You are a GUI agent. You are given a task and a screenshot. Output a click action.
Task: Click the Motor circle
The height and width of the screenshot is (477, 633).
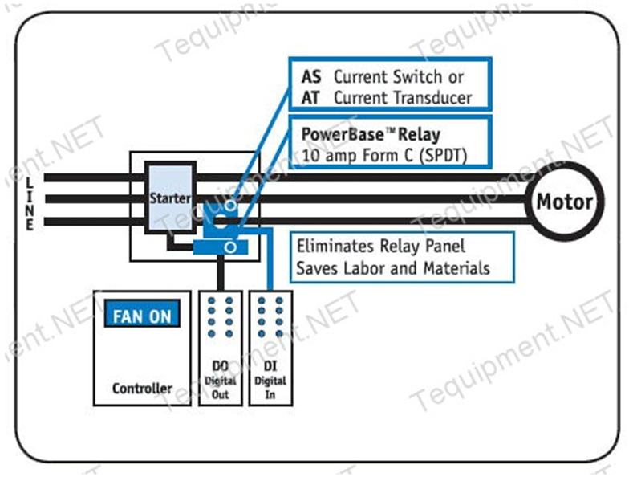pyautogui.click(x=565, y=201)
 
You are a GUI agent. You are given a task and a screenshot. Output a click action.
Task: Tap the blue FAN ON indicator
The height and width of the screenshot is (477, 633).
pyautogui.click(x=141, y=314)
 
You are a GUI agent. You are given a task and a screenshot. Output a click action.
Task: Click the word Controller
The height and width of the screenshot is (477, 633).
pyautogui.click(x=142, y=389)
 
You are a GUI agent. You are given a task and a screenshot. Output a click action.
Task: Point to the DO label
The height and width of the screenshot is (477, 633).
pyautogui.click(x=218, y=366)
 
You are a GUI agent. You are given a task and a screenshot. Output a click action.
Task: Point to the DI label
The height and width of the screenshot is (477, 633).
pyautogui.click(x=270, y=366)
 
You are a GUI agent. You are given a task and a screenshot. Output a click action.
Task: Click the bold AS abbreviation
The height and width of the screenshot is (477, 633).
pyautogui.click(x=310, y=78)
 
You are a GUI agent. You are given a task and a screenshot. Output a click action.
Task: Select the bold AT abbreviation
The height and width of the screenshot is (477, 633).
pyautogui.click(x=310, y=98)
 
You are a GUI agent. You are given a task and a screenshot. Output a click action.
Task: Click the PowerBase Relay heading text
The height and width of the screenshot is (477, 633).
pyautogui.click(x=371, y=133)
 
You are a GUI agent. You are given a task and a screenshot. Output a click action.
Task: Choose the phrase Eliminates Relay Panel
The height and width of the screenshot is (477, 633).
pyautogui.click(x=380, y=247)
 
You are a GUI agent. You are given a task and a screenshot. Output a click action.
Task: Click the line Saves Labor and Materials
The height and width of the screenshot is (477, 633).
pyautogui.click(x=392, y=267)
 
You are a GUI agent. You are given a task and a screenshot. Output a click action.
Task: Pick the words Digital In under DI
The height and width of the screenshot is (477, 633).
pyautogui.click(x=270, y=388)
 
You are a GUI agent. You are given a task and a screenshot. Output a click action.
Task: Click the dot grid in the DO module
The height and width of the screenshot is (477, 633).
pyautogui.click(x=218, y=317)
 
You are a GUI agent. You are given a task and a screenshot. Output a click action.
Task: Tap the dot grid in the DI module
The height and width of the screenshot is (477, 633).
pyautogui.click(x=270, y=317)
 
